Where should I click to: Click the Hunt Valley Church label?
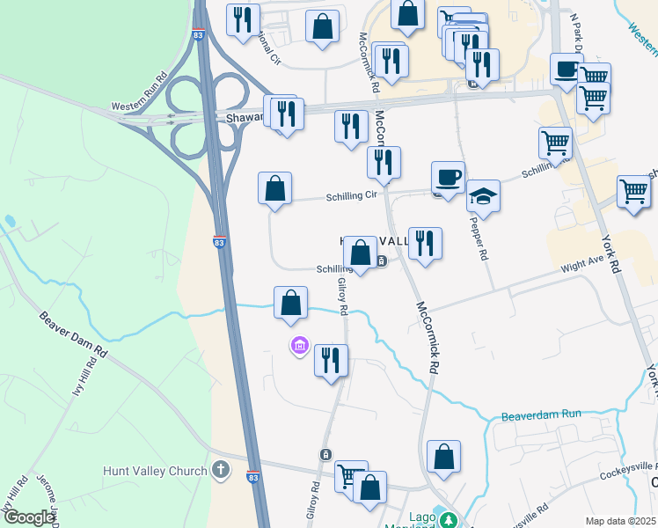pos(154,471)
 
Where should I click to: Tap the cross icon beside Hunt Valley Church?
pos(221,471)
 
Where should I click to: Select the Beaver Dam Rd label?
pos(72,334)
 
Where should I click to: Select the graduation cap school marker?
pos(483,195)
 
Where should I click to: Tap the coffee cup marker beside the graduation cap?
pos(448,178)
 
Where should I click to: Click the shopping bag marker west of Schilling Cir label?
pos(274,188)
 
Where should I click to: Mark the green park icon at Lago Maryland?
pos(449,520)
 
